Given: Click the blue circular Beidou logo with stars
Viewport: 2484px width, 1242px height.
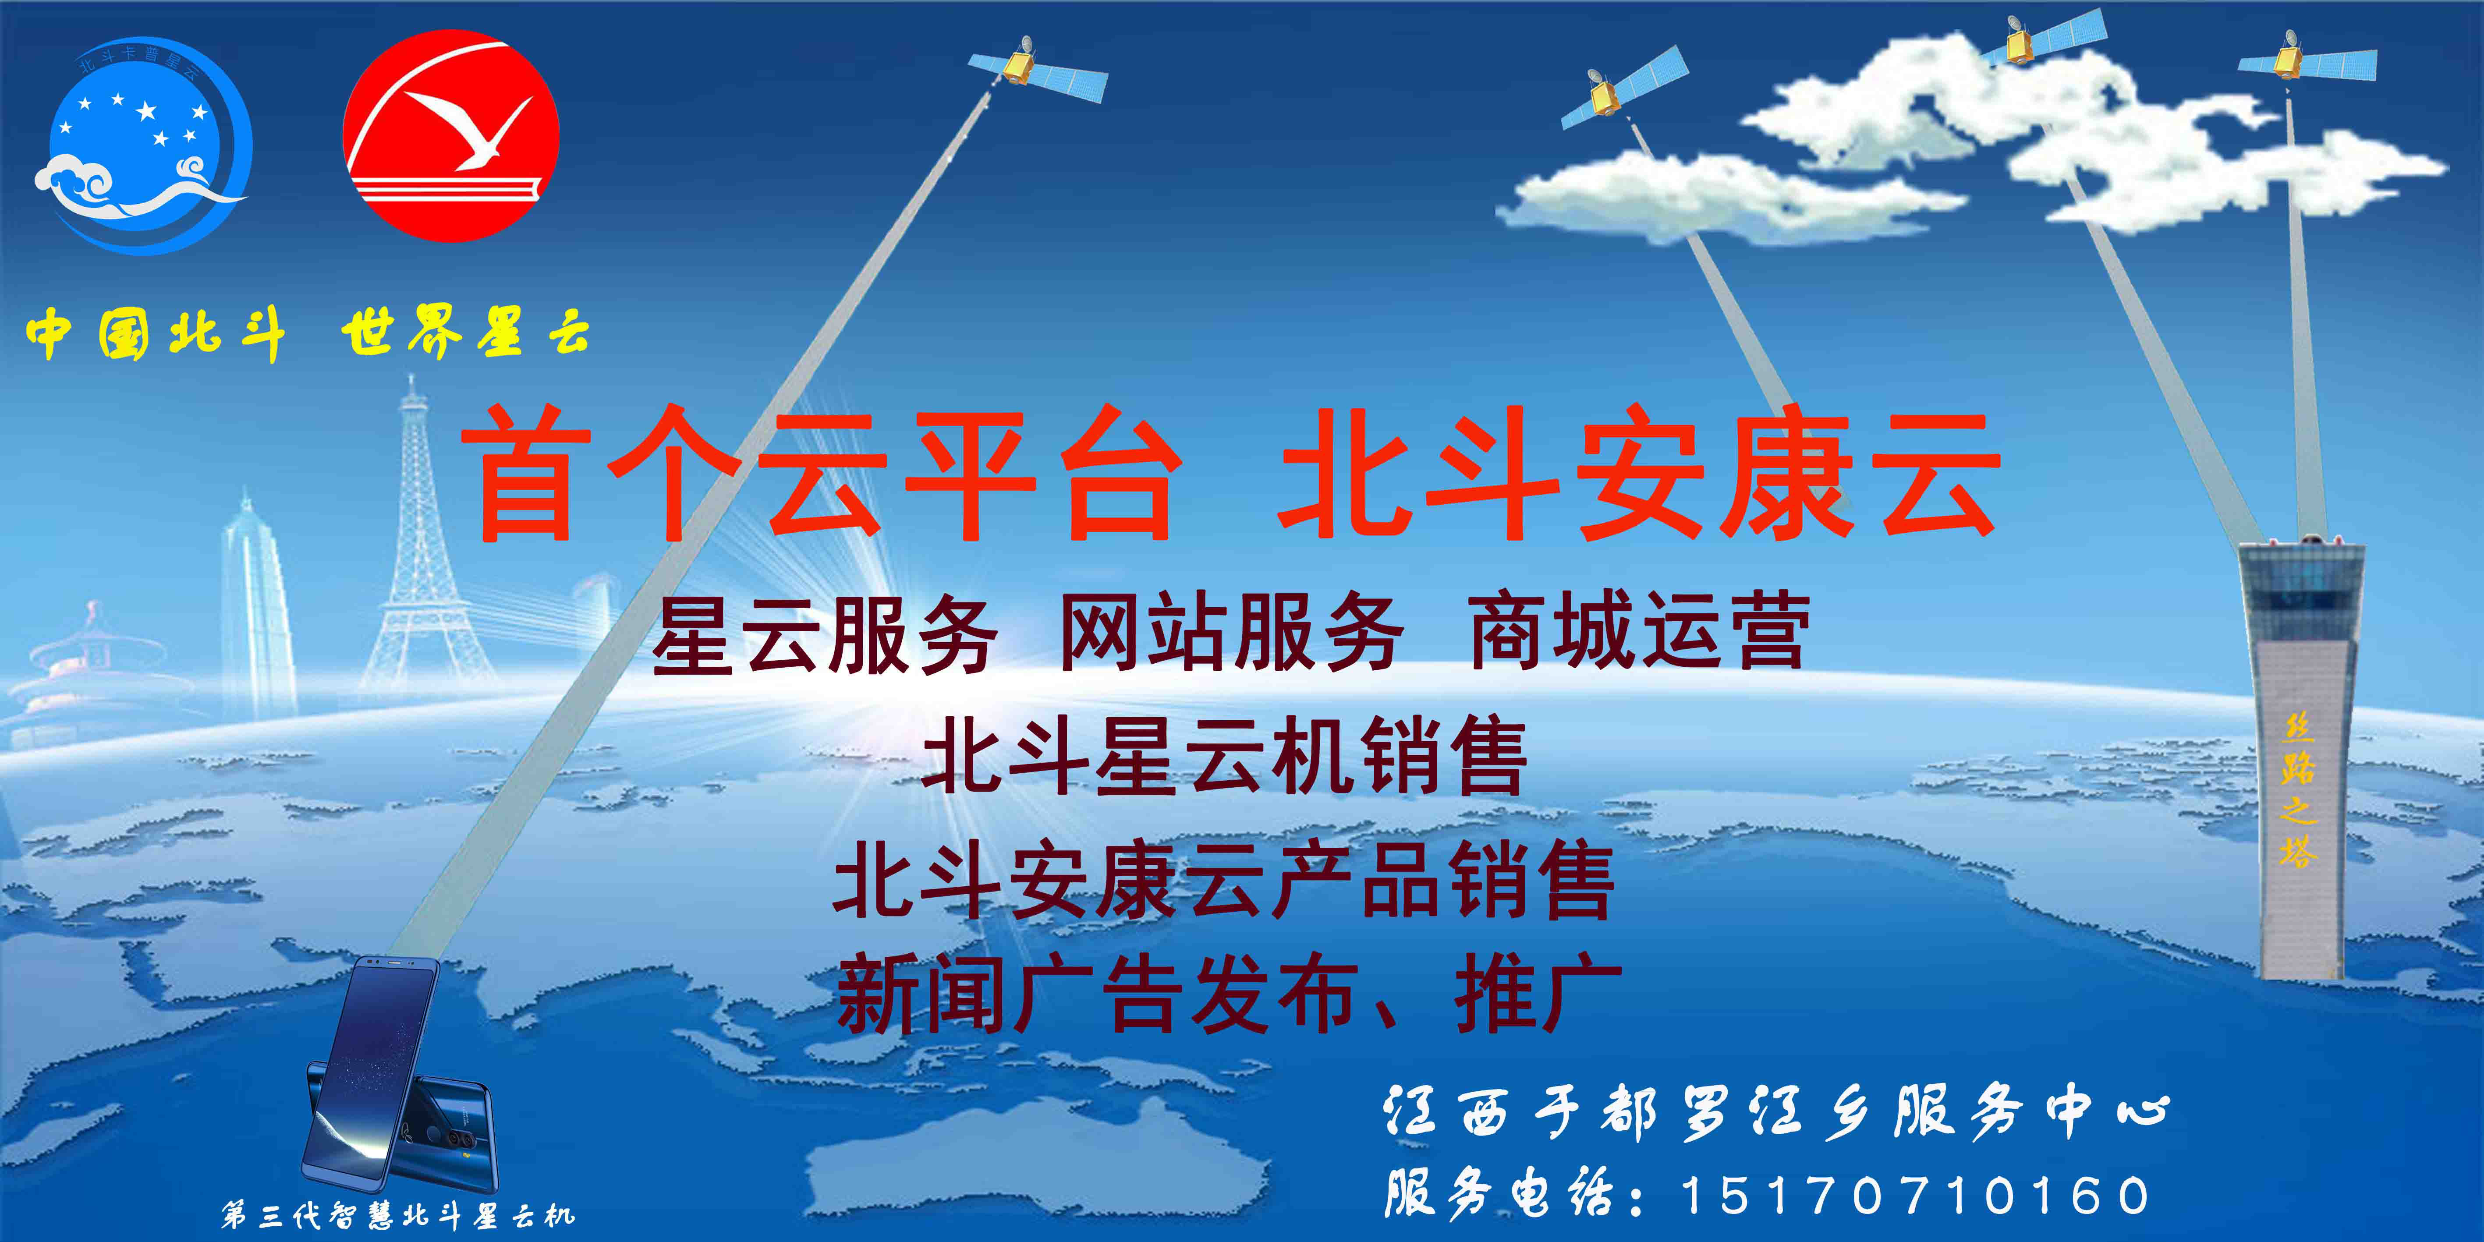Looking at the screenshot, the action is pos(145,145).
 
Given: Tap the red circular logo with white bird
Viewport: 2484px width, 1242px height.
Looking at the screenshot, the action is pos(451,135).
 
